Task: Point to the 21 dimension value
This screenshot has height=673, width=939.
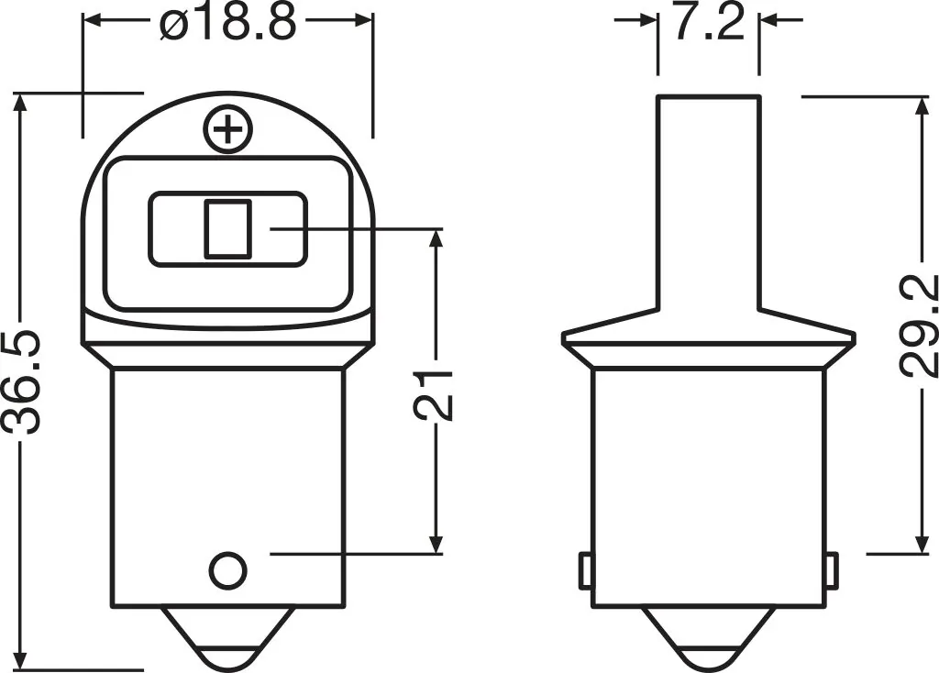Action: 436,394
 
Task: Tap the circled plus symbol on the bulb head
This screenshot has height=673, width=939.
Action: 227,130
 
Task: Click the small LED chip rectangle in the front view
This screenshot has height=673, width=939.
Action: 227,228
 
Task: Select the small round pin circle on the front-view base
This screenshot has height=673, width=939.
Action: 227,571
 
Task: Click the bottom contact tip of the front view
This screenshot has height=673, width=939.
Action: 227,645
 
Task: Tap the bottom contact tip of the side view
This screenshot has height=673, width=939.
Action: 708,645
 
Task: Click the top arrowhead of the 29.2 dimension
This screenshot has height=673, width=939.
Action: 920,108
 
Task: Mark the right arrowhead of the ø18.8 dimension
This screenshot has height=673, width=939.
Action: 361,18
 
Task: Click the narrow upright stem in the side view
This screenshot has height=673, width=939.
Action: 708,202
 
